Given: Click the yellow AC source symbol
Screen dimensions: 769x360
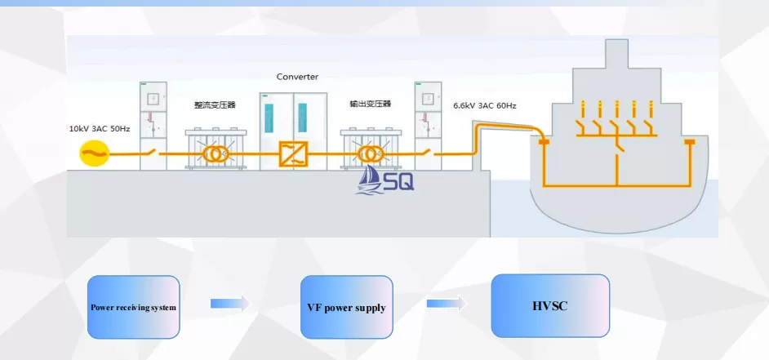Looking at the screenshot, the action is [x=94, y=153].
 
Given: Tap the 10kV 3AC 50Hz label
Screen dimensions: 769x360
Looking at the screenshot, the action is [x=100, y=129].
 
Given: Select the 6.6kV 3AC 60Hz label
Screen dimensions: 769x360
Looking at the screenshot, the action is [x=485, y=105].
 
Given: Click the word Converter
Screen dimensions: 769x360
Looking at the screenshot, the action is [x=297, y=77].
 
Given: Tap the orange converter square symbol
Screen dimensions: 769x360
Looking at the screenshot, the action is [x=293, y=154].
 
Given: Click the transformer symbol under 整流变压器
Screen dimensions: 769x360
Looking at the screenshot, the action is [x=216, y=154].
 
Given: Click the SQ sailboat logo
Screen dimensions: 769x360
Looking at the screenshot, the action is [x=385, y=180].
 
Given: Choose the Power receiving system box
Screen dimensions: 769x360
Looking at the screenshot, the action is [x=133, y=307].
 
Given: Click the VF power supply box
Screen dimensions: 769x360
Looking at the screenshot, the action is [x=347, y=307].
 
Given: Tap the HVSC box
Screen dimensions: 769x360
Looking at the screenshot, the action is [x=550, y=306].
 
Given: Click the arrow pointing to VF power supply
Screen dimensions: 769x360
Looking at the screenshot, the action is [x=230, y=304].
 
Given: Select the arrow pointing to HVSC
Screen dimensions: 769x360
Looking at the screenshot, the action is [x=447, y=304].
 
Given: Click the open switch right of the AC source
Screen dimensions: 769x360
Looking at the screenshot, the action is [x=150, y=152].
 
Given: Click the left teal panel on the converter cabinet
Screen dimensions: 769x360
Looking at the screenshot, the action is [x=269, y=118].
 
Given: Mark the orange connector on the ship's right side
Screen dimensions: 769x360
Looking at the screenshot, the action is [x=690, y=142].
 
